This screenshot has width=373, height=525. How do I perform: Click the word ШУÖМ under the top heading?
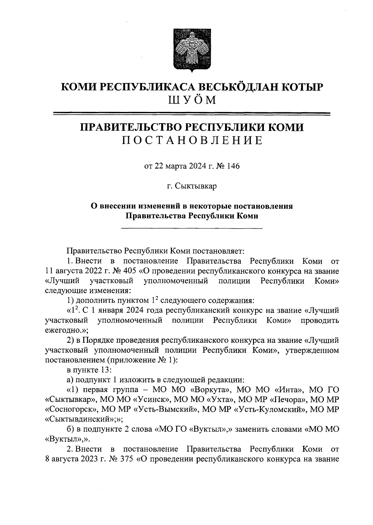click(192, 100)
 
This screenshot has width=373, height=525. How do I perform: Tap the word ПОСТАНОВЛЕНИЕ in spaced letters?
click(192, 141)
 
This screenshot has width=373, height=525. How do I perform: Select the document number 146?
click(233, 166)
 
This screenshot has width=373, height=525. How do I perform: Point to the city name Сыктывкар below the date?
click(196, 186)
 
